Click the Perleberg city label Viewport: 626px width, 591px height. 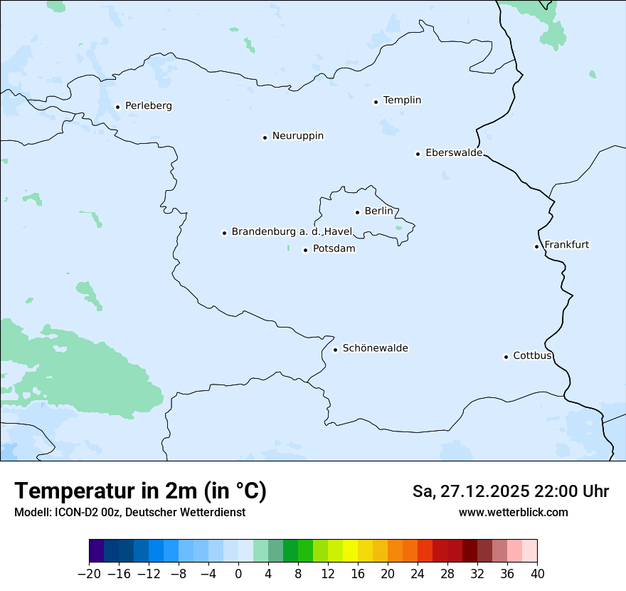tap(148, 106)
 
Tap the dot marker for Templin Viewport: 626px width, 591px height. tap(376, 102)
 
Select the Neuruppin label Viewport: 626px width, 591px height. tap(297, 136)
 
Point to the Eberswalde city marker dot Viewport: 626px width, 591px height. tap(418, 154)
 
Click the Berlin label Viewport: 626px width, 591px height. tap(378, 211)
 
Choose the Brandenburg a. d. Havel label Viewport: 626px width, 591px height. tap(292, 232)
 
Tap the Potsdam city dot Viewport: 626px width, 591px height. tap(305, 250)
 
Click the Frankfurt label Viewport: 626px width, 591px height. tap(566, 245)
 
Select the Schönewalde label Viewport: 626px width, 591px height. tap(375, 348)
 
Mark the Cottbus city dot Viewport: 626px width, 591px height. tap(506, 357)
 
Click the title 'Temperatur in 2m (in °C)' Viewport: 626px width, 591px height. tap(140, 491)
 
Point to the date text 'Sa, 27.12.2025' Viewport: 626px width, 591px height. tap(471, 492)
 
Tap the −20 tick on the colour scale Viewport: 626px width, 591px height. tap(89, 574)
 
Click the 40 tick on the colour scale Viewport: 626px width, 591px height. tap(537, 574)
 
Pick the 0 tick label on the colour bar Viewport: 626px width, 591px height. tap(238, 574)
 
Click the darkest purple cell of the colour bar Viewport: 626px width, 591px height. tap(96, 551)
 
